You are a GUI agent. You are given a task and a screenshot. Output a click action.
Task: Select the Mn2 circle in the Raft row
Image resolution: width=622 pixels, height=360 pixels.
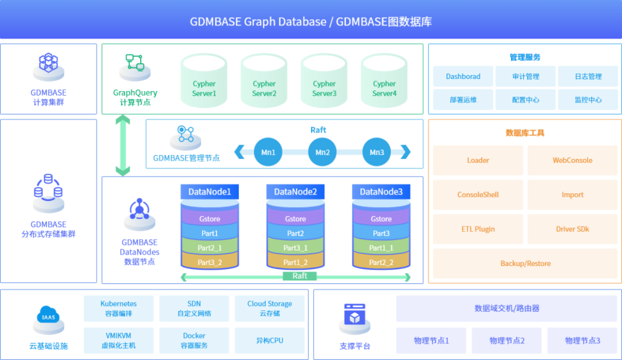323,153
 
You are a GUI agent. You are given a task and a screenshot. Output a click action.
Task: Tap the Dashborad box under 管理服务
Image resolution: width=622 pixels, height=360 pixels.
463,77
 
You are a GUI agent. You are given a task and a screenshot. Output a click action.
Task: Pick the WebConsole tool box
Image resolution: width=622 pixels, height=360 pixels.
572,160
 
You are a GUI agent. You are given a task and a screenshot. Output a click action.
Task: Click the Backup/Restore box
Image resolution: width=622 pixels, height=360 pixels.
525,263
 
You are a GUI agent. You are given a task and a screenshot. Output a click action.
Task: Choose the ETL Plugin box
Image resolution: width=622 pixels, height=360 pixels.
478,229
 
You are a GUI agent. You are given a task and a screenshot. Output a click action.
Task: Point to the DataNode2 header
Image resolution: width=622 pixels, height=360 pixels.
295,192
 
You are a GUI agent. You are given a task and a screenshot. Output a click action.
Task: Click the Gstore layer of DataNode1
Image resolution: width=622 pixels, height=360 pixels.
210,219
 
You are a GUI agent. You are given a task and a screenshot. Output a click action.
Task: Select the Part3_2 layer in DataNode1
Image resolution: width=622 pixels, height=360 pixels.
210,262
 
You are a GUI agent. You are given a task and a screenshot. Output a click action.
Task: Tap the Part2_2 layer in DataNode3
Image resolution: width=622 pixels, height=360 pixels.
381,262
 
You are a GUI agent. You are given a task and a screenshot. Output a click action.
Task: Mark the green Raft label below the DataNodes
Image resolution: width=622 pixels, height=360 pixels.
299,276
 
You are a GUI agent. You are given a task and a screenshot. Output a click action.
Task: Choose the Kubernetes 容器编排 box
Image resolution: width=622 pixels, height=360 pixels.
119,309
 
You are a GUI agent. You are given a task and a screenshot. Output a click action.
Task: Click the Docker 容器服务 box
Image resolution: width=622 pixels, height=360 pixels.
194,340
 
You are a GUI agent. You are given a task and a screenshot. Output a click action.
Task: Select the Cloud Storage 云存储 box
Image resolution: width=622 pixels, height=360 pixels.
270,309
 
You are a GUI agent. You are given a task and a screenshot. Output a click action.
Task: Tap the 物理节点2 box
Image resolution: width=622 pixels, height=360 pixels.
507,340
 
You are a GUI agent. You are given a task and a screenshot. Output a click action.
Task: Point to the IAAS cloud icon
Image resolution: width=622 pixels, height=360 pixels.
48,317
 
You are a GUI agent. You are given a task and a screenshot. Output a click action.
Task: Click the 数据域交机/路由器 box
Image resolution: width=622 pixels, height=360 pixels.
507,308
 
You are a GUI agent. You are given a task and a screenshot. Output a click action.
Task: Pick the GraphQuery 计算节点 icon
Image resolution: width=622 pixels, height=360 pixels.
135,65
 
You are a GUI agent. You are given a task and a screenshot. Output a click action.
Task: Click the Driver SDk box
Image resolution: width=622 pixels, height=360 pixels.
572,229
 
